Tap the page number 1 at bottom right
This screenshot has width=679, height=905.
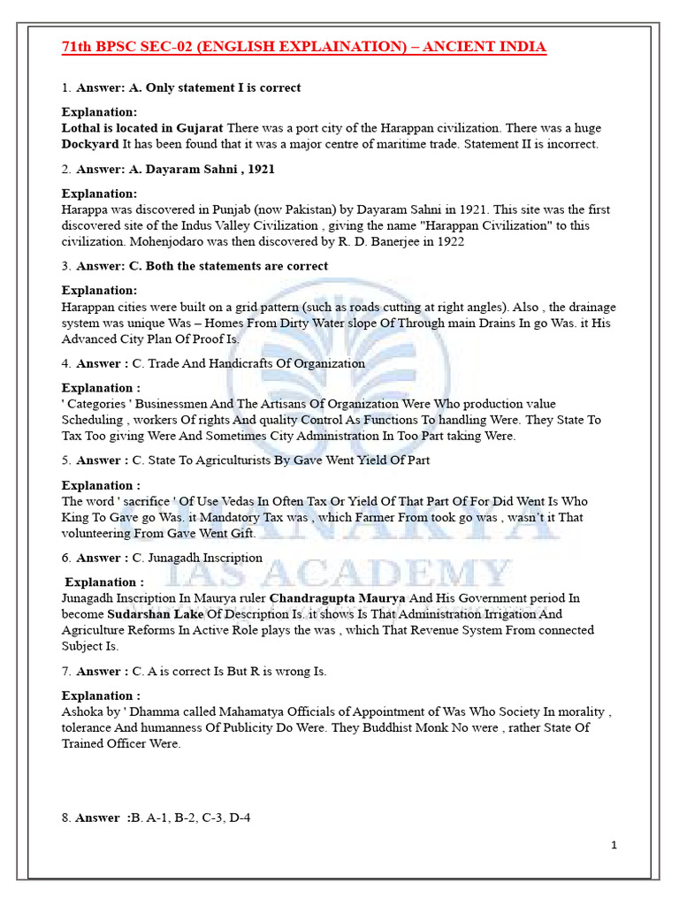point(614,845)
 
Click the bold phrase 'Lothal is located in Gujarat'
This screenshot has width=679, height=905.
point(142,128)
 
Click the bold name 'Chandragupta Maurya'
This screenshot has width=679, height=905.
point(337,598)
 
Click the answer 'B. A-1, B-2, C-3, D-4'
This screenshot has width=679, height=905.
point(190,818)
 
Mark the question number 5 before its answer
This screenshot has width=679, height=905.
point(65,460)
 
